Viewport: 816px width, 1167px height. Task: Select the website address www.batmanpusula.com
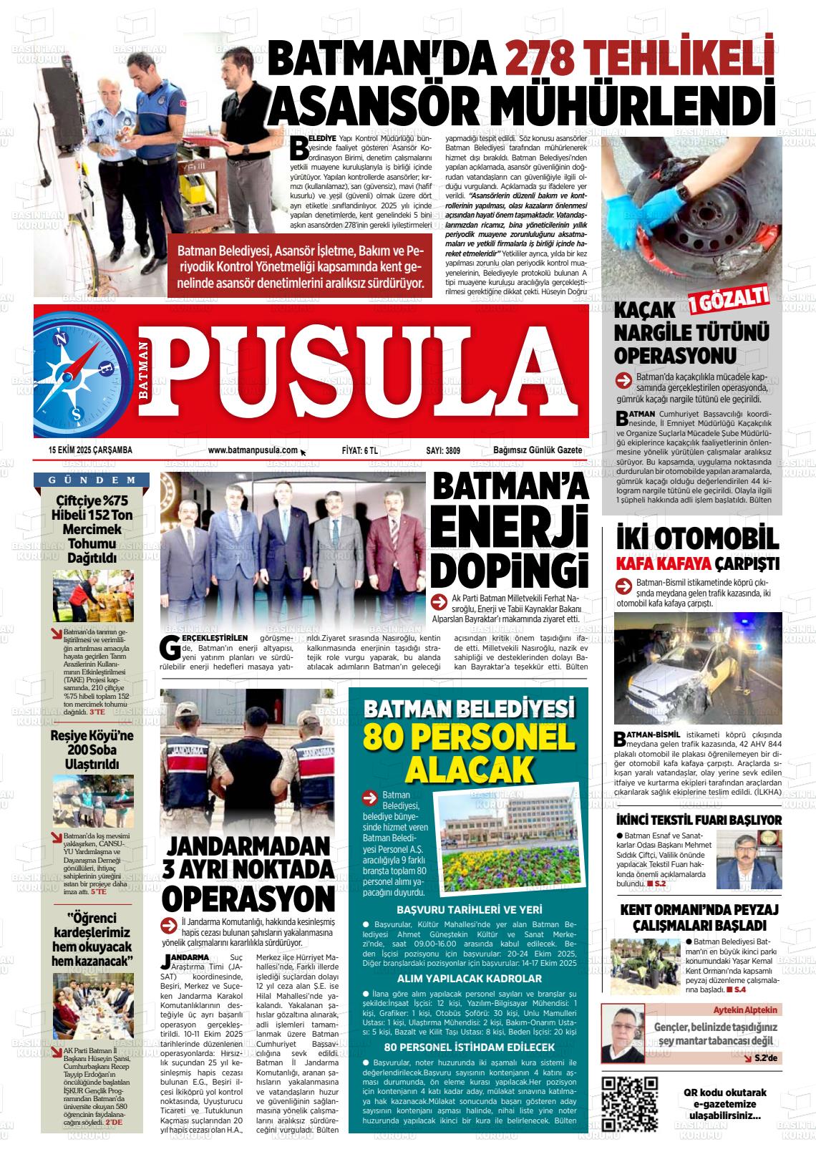click(x=253, y=450)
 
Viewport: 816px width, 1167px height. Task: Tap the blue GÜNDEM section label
click(x=92, y=480)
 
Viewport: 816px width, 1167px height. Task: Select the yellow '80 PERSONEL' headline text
click(x=469, y=737)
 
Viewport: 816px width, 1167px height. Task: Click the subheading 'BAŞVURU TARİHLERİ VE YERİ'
click(x=469, y=910)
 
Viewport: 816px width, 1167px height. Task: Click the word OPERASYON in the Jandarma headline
click(x=248, y=896)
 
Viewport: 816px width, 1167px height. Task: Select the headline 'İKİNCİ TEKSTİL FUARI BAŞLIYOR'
click(x=699, y=820)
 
